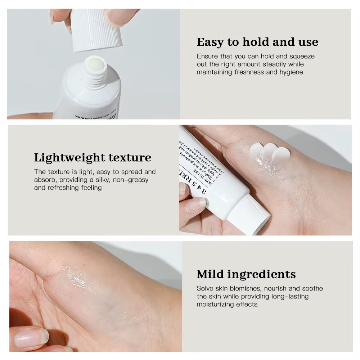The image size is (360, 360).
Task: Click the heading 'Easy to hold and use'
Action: pyautogui.click(x=257, y=42)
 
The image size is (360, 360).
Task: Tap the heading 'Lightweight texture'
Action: pyautogui.click(x=93, y=158)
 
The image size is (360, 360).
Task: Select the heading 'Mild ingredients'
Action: pyautogui.click(x=246, y=274)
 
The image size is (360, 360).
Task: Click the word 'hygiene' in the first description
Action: pyautogui.click(x=290, y=72)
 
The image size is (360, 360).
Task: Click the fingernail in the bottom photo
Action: pyautogui.click(x=30, y=337)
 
